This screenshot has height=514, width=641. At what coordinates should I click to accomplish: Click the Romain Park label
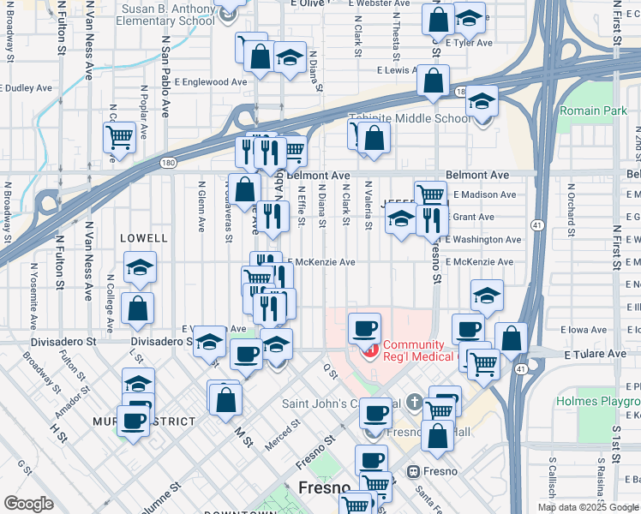pyautogui.click(x=593, y=111)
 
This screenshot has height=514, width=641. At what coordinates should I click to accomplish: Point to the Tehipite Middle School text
pyautogui.click(x=409, y=119)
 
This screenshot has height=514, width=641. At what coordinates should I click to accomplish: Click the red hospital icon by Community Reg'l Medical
pyautogui.click(x=371, y=350)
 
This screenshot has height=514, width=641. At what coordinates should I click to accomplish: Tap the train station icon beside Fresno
pyautogui.click(x=413, y=471)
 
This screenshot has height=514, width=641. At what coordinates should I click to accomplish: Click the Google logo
pyautogui.click(x=28, y=504)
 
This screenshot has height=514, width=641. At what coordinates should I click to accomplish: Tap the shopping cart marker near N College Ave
pyautogui.click(x=119, y=135)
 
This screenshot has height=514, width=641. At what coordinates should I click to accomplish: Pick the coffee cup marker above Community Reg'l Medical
pyautogui.click(x=364, y=327)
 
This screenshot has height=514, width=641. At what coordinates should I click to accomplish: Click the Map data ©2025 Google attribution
pyautogui.click(x=587, y=507)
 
